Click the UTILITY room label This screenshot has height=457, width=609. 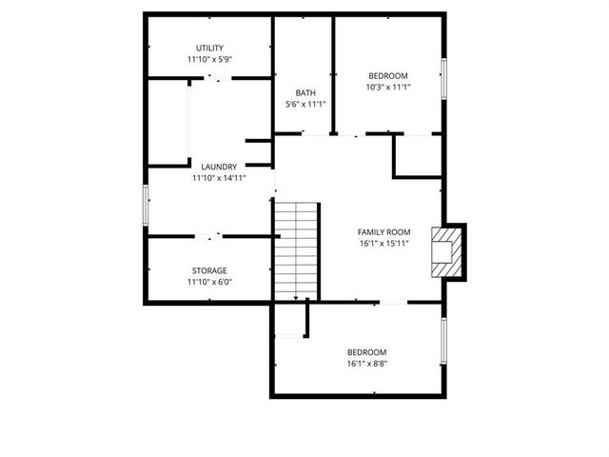tap(209, 48)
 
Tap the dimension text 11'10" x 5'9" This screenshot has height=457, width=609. tap(209, 59)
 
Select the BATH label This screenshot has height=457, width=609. tap(304, 92)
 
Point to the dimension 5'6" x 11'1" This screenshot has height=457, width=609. tap(304, 104)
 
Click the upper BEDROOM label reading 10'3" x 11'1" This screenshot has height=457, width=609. tap(387, 76)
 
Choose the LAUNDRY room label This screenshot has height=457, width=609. tap(218, 166)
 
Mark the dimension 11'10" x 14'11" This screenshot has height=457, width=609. tap(218, 177)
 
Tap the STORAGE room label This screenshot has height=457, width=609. tap(209, 270)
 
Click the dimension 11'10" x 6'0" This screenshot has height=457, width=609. tap(209, 282)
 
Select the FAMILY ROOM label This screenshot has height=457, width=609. tap(383, 231)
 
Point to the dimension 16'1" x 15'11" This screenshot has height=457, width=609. tap(383, 243)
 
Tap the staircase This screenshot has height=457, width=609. tap(296, 249)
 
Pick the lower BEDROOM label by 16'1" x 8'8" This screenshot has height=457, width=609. tap(366, 351)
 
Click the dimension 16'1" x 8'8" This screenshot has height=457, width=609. tap(366, 363)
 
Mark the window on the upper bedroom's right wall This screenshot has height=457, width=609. tap(442, 76)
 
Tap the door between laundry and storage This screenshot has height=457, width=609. tap(210, 235)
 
